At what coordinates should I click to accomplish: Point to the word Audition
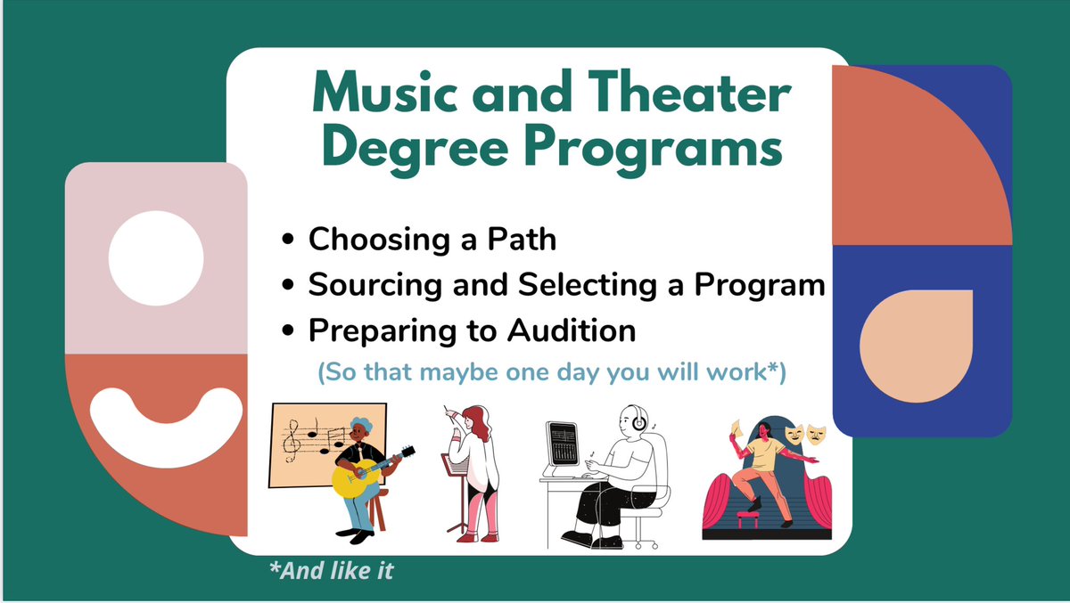[x=572, y=330]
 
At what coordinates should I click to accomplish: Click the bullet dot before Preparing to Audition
[x=288, y=331]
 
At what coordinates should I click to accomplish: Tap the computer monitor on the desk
[x=561, y=444]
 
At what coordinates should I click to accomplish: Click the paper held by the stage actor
[x=737, y=429]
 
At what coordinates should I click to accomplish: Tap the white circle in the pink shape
[x=156, y=257]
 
